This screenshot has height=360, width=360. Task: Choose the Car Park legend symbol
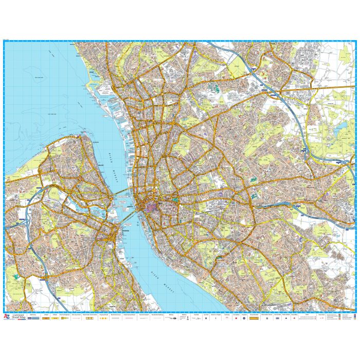click(206, 318)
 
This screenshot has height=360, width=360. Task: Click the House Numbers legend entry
click(254, 318)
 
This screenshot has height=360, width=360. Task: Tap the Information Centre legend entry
click(265, 318)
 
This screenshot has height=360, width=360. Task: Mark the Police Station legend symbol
click(286, 318)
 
